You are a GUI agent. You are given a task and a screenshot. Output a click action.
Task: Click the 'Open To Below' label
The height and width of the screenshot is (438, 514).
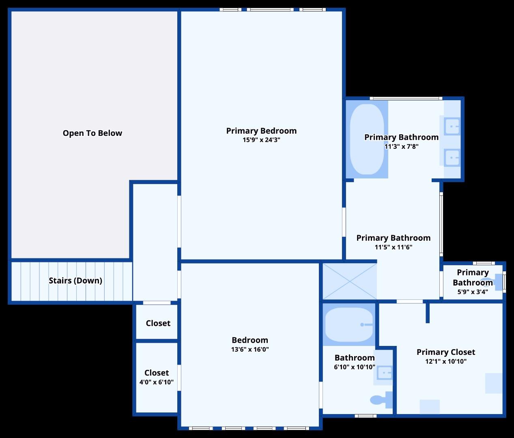[92, 133]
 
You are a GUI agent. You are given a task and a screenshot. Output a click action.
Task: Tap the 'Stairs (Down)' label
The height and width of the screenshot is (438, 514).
[75, 281]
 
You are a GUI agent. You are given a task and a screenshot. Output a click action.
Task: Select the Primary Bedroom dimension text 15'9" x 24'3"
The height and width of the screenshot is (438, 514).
[261, 140]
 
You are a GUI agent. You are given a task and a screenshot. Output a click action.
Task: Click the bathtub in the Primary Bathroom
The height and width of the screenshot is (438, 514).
[367, 140]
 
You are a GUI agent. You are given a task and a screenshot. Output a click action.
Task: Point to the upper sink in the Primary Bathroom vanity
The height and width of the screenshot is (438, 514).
[452, 126]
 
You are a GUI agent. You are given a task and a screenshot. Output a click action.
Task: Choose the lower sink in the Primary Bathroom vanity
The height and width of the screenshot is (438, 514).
[452, 157]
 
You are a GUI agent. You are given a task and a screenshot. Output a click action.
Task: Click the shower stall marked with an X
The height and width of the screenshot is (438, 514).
[349, 281]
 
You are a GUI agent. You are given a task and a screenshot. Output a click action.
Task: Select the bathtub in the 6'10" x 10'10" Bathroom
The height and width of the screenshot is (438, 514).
[349, 324]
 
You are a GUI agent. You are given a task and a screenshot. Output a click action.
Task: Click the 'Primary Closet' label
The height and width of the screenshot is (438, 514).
[445, 352]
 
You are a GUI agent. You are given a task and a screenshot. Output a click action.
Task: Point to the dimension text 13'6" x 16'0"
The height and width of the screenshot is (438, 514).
[250, 350]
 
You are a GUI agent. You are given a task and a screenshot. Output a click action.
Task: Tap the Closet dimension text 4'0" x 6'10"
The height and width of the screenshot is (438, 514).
[156, 382]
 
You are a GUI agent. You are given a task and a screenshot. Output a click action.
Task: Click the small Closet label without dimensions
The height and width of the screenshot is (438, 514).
[158, 323]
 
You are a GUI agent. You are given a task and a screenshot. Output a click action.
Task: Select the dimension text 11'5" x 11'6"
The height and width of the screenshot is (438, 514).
[393, 247]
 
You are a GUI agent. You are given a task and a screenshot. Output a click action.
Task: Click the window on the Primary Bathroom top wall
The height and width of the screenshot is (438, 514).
[406, 98]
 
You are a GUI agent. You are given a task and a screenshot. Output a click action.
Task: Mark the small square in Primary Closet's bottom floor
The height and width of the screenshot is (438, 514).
[430, 407]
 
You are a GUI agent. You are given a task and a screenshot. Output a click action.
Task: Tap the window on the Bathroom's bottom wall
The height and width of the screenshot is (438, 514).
[365, 416]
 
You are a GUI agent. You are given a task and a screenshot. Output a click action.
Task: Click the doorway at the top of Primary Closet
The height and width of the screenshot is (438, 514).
[410, 301]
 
